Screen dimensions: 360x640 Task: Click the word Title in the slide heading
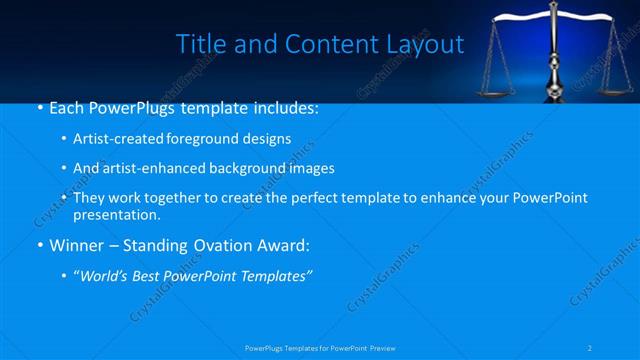[198, 44]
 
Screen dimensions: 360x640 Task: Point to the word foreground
[201, 139]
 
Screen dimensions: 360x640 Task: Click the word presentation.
[116, 215]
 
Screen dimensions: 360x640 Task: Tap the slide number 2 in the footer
[591, 348]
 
